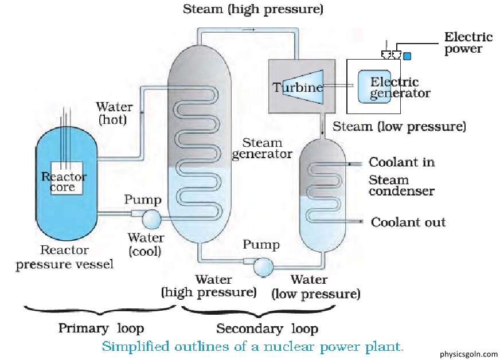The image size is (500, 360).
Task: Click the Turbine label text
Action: [298, 87]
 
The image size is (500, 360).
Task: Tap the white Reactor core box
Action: [67, 178]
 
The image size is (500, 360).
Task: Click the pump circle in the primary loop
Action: [151, 219]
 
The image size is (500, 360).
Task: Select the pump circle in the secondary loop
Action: [263, 266]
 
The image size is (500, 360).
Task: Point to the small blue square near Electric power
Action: [407, 56]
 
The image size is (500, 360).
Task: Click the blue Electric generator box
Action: [374, 87]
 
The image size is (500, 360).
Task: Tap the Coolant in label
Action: [402, 162]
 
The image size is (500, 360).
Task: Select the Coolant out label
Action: [408, 222]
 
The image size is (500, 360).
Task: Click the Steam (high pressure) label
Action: [253, 9]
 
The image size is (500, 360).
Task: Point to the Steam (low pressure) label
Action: [399, 127]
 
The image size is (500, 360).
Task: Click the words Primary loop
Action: [101, 328]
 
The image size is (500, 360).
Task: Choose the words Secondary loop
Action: [267, 328]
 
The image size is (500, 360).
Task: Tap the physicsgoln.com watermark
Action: [468, 354]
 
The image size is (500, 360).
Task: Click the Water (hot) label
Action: [114, 113]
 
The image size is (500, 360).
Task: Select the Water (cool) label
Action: [146, 245]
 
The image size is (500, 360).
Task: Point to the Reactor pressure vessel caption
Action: [64, 257]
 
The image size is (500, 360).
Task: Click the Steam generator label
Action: [262, 148]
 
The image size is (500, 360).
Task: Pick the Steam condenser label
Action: [402, 186]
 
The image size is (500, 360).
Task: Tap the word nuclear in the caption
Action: [285, 346]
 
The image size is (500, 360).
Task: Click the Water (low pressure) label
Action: [316, 287]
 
